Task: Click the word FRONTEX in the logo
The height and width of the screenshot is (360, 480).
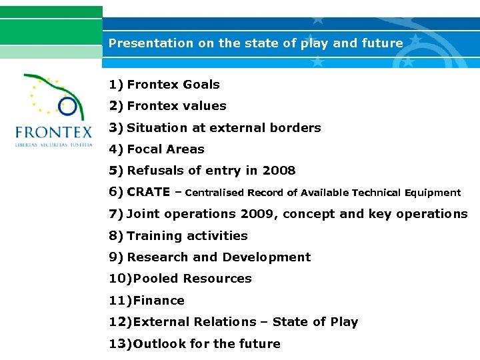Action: coord(54,131)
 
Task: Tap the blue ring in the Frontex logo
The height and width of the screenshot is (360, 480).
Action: coord(67,105)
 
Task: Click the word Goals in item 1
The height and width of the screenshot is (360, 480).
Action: coord(201,85)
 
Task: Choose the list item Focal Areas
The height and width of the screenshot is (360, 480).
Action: coord(165,149)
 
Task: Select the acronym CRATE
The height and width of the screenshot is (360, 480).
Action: coord(148,193)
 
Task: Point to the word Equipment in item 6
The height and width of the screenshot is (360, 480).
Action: coord(430,193)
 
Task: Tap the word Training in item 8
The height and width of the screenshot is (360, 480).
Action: coord(155,236)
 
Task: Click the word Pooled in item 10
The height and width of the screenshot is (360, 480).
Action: coord(156,279)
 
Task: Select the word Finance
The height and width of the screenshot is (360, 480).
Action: coord(159,301)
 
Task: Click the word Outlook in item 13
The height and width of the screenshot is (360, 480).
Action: coord(161,344)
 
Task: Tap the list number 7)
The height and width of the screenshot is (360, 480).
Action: coord(116,214)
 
